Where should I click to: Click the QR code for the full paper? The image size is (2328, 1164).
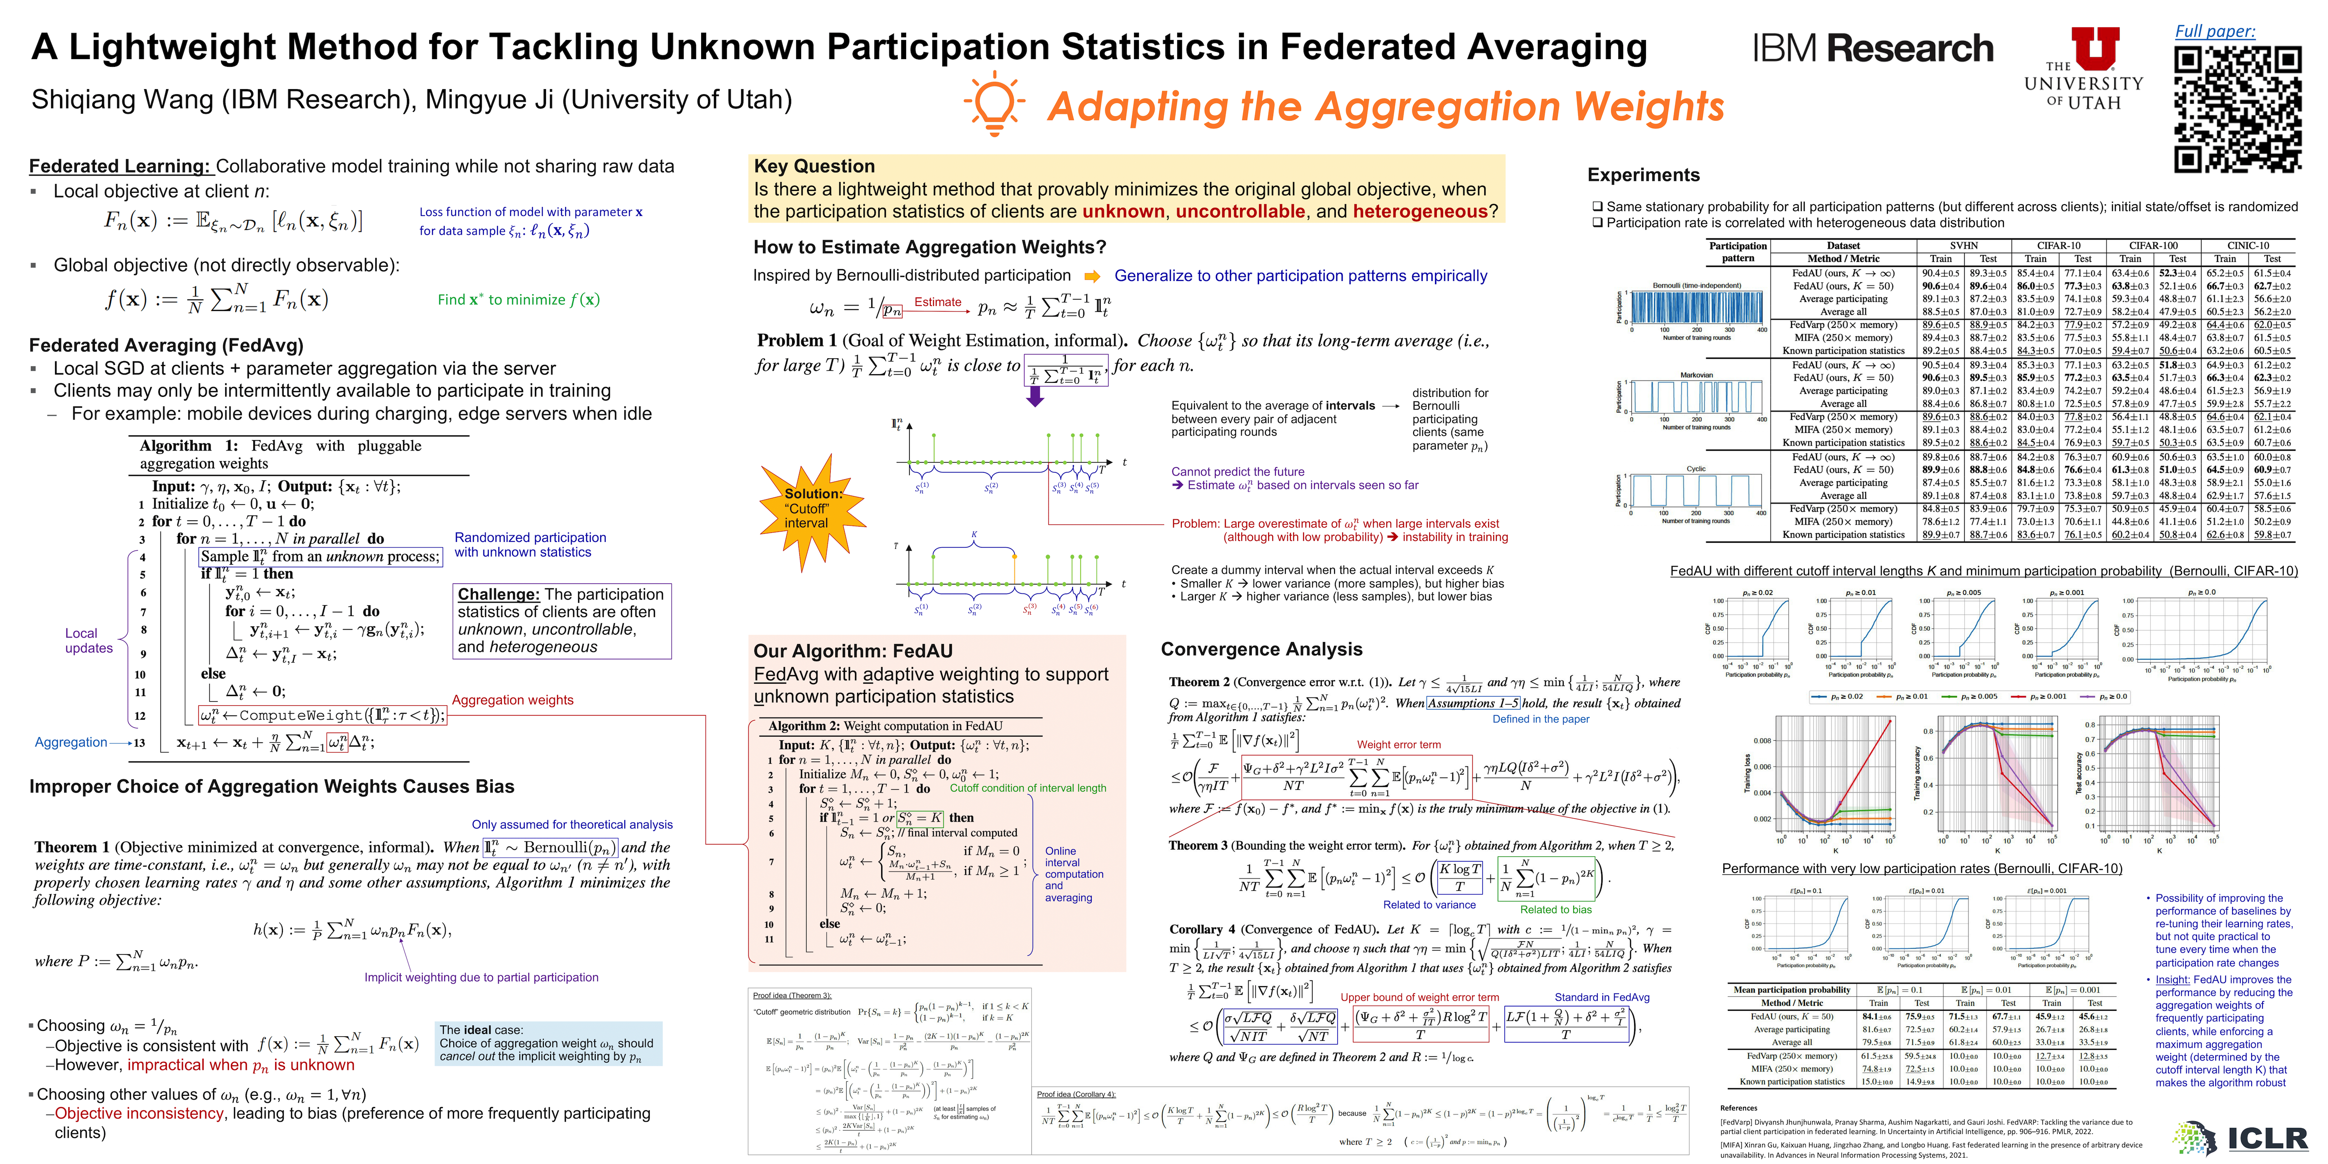click(x=2237, y=109)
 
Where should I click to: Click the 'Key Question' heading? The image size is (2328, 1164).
click(x=814, y=166)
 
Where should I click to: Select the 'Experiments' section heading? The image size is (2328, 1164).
click(x=1643, y=176)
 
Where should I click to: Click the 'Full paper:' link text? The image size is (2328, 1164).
click(x=2214, y=32)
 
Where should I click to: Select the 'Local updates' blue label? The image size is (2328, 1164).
click(x=89, y=641)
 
